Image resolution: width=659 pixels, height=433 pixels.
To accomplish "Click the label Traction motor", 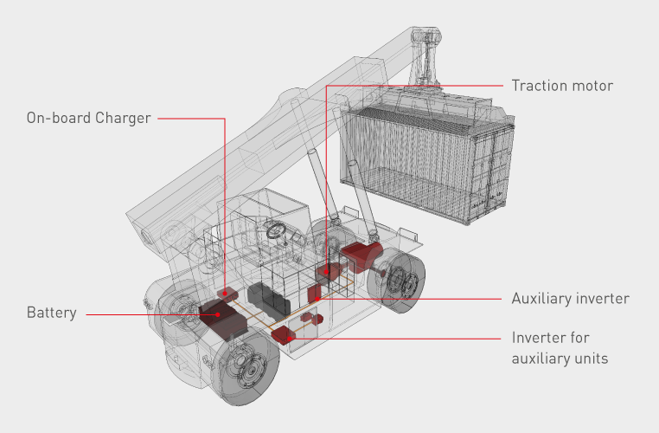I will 561,86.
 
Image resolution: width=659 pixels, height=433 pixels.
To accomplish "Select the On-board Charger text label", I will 88,118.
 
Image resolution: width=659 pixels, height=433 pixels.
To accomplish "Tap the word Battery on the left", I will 51,313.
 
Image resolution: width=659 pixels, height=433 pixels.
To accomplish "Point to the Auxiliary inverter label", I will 570,299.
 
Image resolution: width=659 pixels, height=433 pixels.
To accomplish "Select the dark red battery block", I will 225,316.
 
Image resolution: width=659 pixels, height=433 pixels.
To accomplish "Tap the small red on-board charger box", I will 227,294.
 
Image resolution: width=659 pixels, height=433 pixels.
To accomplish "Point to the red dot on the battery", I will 218,314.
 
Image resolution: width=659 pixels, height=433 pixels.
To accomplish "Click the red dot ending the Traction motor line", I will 326,272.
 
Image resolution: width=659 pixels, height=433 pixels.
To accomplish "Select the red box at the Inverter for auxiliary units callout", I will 284,335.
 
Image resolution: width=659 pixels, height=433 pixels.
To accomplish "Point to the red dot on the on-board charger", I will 226,293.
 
